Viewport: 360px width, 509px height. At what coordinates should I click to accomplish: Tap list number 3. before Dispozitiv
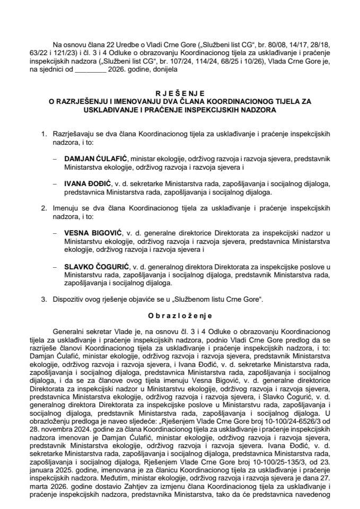coord(44,300)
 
